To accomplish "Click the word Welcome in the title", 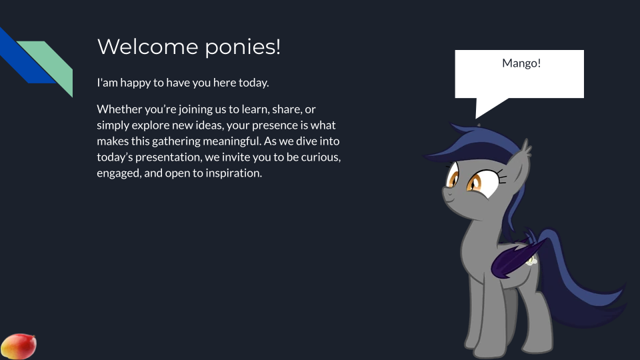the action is (x=148, y=47).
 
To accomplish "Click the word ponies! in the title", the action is (x=243, y=47).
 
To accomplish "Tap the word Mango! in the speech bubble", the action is (x=521, y=63).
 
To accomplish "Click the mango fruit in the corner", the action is (x=19, y=347).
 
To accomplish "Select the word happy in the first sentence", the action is (x=135, y=83).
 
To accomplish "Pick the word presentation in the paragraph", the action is (x=169, y=157).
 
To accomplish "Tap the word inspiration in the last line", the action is (x=233, y=173).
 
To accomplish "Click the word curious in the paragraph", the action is (x=321, y=157).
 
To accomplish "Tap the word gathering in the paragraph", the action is (x=176, y=141).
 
